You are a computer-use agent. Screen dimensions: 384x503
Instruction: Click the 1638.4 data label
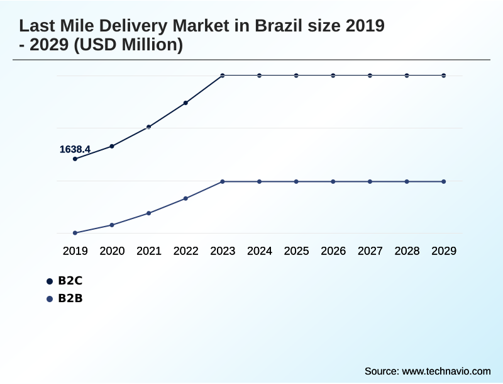tap(75, 149)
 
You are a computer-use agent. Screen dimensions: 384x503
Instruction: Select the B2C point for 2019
tap(75, 159)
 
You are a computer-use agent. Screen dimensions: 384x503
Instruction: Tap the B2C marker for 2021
tap(149, 127)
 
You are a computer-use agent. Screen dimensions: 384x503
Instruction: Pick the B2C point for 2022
tap(185, 103)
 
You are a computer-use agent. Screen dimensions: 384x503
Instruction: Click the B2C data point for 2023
tap(223, 76)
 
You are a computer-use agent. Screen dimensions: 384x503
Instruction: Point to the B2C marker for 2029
tap(444, 76)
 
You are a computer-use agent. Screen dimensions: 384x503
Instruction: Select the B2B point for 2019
tap(75, 233)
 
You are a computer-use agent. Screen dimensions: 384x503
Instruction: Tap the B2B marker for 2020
tap(112, 225)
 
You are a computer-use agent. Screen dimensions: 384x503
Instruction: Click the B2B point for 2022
tap(185, 198)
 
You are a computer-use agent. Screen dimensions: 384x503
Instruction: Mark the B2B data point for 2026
tap(333, 181)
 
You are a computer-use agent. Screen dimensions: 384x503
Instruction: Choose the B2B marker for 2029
tap(444, 181)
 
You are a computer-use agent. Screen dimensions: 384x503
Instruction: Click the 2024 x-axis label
tap(260, 251)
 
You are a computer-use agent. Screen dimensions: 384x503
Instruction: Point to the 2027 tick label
tap(370, 251)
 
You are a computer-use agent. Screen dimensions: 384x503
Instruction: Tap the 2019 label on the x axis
tap(75, 251)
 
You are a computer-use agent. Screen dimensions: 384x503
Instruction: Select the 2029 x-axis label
tap(444, 251)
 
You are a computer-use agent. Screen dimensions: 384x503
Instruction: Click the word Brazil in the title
tap(277, 26)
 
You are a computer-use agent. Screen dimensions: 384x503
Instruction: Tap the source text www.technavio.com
tap(446, 371)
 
